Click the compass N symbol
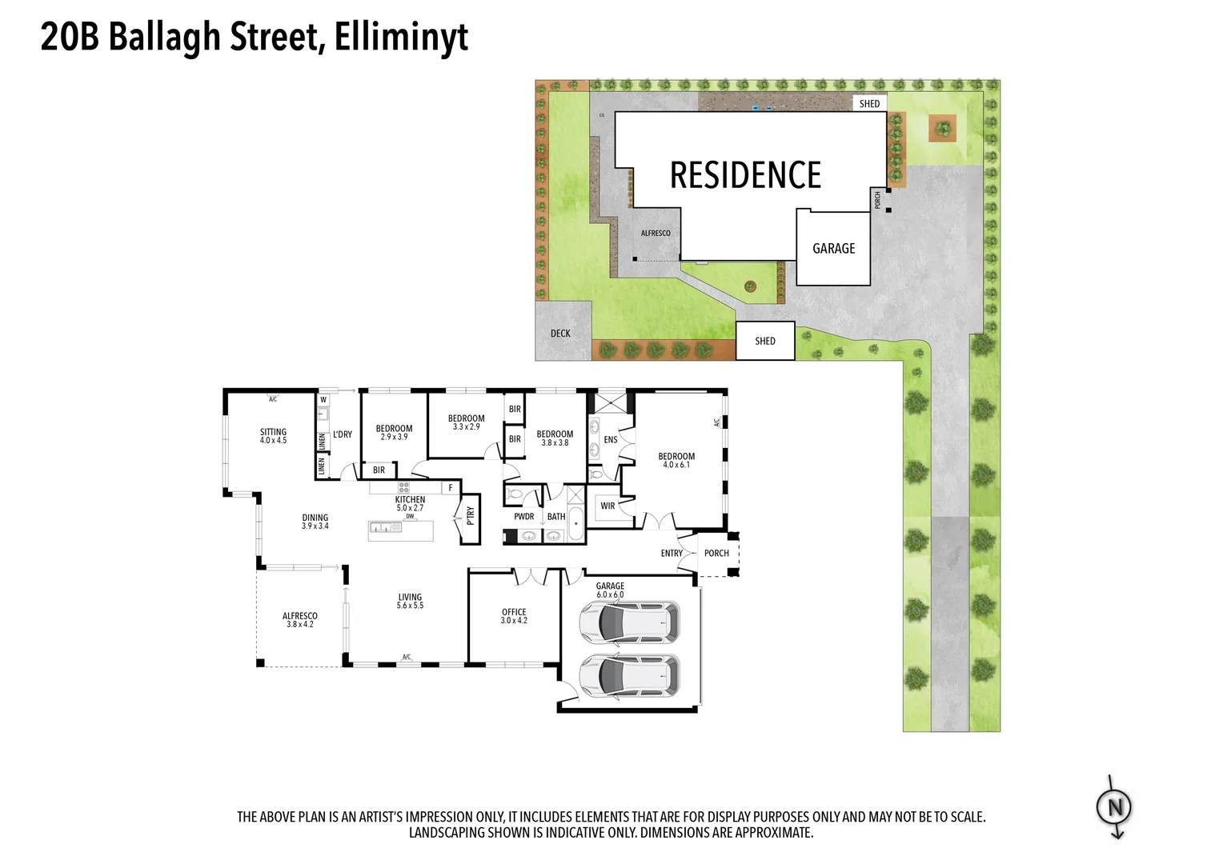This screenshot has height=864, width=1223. pyautogui.click(x=1115, y=806)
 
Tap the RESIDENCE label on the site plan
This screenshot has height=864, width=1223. pyautogui.click(x=745, y=175)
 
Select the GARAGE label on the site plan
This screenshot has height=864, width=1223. pyautogui.click(x=833, y=249)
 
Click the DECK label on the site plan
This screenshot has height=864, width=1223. pyautogui.click(x=560, y=334)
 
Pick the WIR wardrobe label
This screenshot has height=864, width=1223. pyautogui.click(x=607, y=506)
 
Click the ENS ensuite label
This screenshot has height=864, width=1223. pyautogui.click(x=611, y=440)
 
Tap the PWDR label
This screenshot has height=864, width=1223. pyautogui.click(x=523, y=517)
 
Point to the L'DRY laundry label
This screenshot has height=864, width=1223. pyautogui.click(x=343, y=434)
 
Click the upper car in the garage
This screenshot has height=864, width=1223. pyautogui.click(x=629, y=622)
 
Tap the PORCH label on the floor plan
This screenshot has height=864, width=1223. pyautogui.click(x=716, y=554)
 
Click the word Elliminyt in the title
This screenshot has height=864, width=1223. pyautogui.click(x=401, y=38)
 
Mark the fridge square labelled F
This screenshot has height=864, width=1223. pyautogui.click(x=451, y=487)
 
